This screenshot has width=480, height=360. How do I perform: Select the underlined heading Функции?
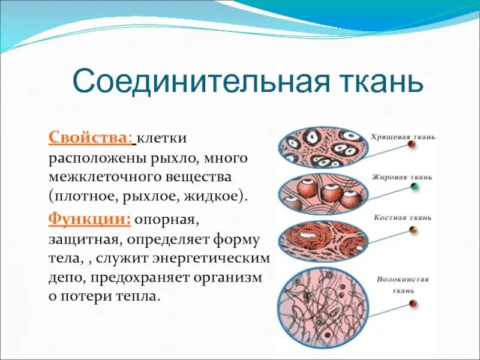point(89,219)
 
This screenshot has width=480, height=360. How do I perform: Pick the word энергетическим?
point(218,259)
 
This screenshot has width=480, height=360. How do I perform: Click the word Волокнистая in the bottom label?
point(403,280)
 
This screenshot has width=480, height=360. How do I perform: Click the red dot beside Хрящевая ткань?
point(411,145)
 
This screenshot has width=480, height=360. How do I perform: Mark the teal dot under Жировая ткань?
point(414,187)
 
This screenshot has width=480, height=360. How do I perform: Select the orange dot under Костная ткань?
point(413,230)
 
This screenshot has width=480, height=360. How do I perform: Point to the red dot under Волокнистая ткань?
point(413,304)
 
